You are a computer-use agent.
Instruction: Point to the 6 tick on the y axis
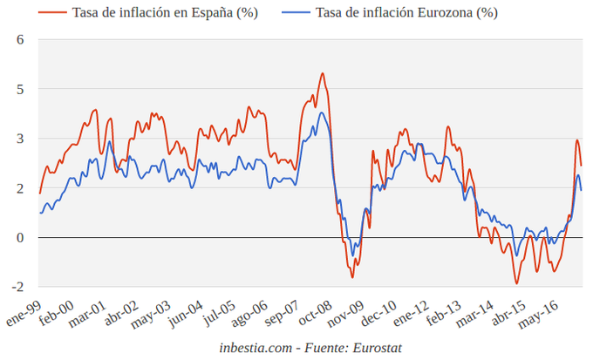pos(19,40)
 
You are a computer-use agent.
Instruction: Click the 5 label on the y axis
pos(19,89)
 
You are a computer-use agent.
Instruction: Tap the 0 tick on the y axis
pos(19,237)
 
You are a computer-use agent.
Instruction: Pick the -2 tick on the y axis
pos(17,286)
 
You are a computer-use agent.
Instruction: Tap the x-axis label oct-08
pos(315,310)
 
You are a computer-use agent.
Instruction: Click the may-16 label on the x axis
pos(539,310)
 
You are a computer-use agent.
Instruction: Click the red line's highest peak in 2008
pos(322,73)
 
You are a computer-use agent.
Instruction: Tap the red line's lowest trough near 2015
pos(516,283)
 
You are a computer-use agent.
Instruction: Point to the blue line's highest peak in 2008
pos(322,112)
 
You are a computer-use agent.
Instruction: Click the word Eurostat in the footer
pos(376,348)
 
